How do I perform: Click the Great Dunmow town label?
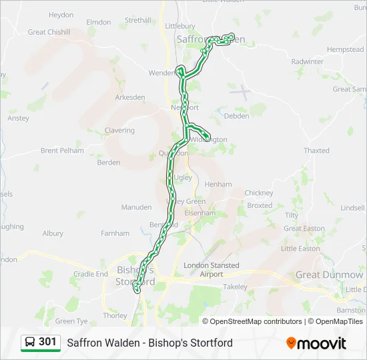[330, 275]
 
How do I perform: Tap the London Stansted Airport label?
[212, 269]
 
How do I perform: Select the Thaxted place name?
[316, 151]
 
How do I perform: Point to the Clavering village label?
[119, 131]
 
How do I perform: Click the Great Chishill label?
[49, 32]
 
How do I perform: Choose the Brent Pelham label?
[62, 151]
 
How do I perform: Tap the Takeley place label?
[235, 287]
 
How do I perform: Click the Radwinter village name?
[307, 61]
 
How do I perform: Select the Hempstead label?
[345, 50]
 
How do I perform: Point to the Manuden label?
[136, 207]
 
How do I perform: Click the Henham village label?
[218, 184]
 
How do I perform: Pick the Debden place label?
[237, 116]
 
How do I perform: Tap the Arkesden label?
[129, 97]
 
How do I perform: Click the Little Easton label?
[300, 249]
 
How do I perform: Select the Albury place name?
[53, 234]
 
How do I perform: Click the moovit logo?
[316, 343]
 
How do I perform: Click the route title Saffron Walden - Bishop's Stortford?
[149, 343]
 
